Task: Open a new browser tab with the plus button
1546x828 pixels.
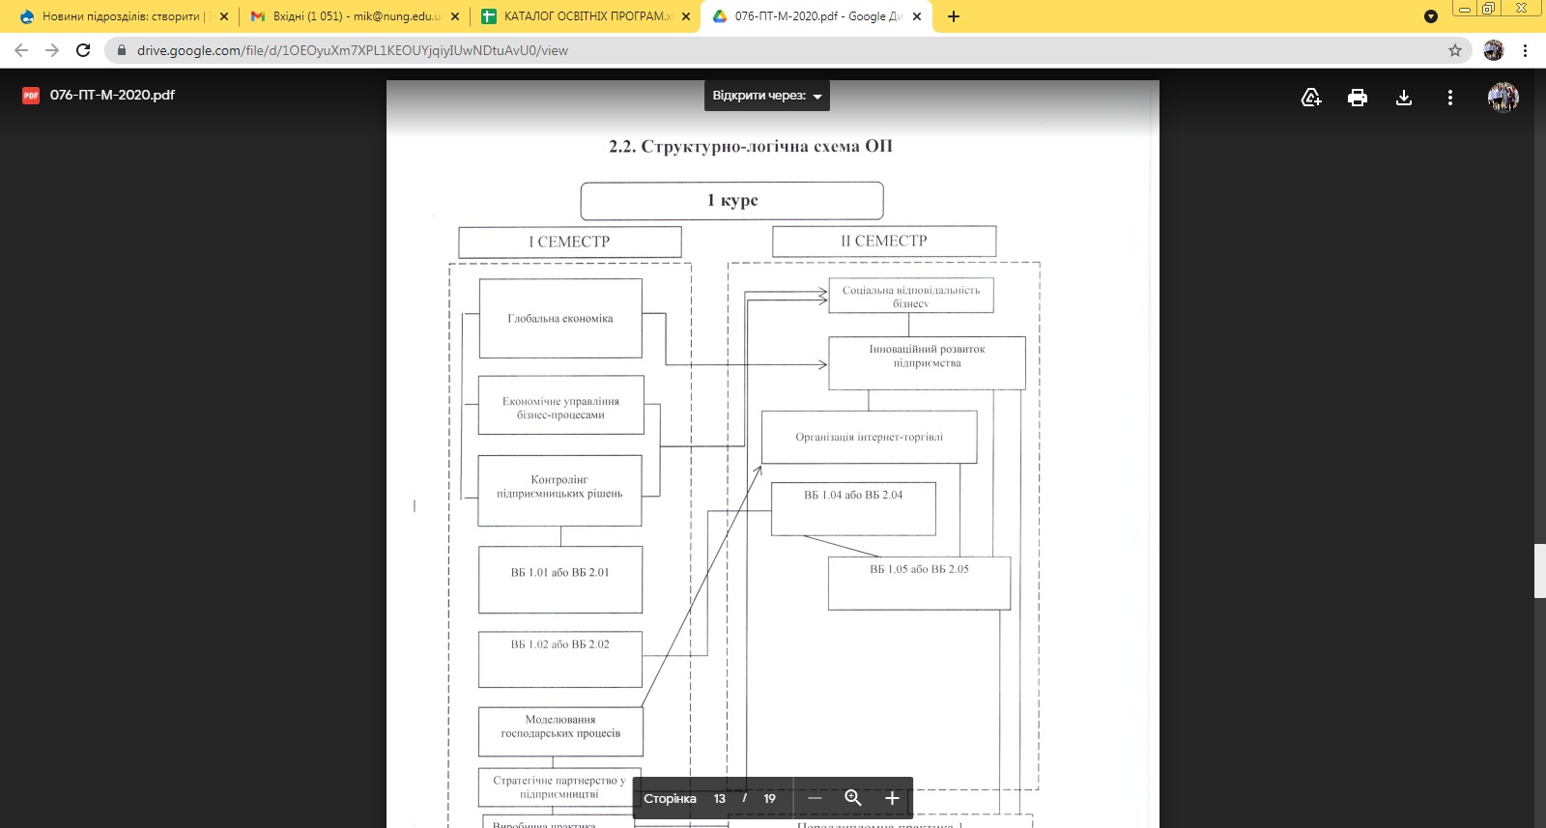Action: coord(954,16)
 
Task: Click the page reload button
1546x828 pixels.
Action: coord(83,50)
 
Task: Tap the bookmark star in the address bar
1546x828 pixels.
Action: coord(1455,50)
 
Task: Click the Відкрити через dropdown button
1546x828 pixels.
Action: coord(767,96)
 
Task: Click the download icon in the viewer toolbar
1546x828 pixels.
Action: coord(1404,98)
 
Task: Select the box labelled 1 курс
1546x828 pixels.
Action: coord(731,201)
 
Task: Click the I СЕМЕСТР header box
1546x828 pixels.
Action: coord(569,242)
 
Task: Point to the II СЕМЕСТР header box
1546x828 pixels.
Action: coord(883,241)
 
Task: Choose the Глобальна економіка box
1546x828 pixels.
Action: coord(560,319)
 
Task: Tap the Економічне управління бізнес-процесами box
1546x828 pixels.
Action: coord(560,407)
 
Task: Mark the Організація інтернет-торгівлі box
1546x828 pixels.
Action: coord(869,437)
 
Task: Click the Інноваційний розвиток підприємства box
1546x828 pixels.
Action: coord(927,361)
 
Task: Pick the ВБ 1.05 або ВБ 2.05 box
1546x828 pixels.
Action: coord(919,583)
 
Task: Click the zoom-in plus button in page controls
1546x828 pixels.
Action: coord(892,798)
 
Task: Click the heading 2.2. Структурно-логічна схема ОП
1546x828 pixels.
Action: coord(751,147)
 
